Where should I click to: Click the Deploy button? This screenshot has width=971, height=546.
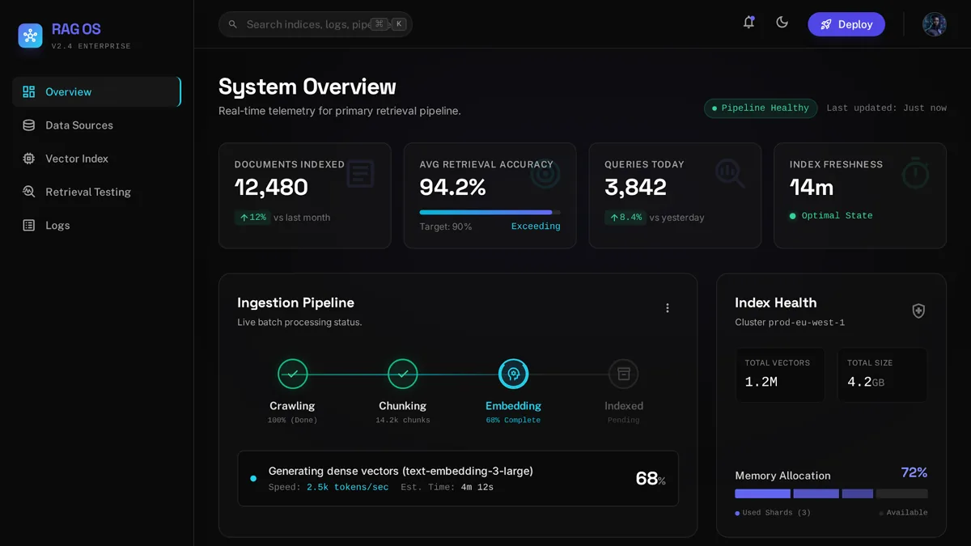tap(846, 24)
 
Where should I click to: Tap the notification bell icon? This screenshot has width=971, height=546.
tap(748, 23)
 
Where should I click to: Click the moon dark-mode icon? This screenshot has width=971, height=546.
tap(782, 23)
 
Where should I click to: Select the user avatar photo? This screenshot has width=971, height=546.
tap(934, 24)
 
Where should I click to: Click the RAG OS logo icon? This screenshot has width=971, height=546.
tap(31, 36)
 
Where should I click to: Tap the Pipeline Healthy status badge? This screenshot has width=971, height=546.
tap(761, 108)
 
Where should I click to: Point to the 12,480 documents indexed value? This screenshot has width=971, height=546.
tap(271, 187)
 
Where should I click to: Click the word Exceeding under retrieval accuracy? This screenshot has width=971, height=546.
tap(536, 226)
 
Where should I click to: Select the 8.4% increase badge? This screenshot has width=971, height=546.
tap(626, 217)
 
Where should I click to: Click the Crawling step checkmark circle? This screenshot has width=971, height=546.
tap(293, 374)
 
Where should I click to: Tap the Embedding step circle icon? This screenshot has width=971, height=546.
tap(513, 374)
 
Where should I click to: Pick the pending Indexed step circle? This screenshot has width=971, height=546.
tap(623, 374)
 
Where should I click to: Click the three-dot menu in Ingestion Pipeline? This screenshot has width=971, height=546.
tap(668, 307)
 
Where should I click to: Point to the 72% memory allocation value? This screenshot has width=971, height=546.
tap(914, 472)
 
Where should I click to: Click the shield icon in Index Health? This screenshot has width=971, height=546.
tap(918, 311)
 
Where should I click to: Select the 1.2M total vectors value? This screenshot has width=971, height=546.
tap(761, 382)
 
